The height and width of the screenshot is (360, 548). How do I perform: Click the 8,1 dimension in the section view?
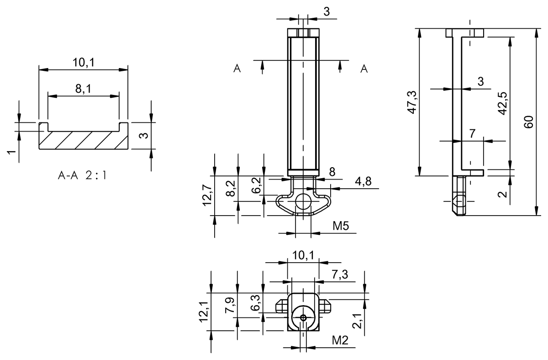[83, 88]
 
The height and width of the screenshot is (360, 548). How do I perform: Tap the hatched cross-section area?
[83, 140]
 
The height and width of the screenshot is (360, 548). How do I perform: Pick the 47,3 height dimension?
[412, 102]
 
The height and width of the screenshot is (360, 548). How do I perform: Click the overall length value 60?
[529, 122]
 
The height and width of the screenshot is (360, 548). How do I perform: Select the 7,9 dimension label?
[231, 304]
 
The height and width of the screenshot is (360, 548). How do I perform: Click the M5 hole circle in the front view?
[303, 201]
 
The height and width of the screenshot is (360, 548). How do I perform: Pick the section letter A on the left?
[237, 69]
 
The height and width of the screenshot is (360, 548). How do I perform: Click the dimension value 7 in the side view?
[472, 134]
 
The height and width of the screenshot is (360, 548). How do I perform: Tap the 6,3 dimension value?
[256, 302]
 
